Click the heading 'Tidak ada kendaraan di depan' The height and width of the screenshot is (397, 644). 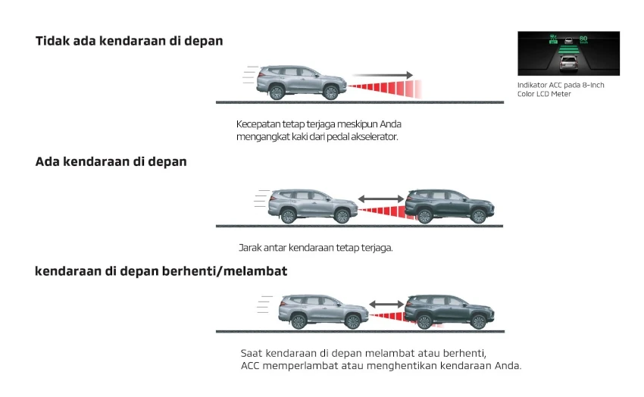(x=129, y=41)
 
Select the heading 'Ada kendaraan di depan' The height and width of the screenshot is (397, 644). (x=111, y=162)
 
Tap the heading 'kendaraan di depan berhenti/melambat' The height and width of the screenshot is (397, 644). (x=161, y=271)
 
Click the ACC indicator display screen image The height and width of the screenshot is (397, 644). (x=568, y=53)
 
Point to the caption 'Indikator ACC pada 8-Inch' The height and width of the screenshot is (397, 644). (x=561, y=85)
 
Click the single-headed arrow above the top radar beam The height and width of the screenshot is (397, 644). (x=383, y=75)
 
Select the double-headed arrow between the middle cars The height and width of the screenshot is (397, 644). (x=381, y=199)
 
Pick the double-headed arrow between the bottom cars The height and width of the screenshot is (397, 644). (x=386, y=305)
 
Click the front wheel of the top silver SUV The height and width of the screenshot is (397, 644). (x=330, y=92)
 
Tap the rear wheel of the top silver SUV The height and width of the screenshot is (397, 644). (x=277, y=92)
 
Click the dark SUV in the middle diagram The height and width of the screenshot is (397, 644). (x=450, y=206)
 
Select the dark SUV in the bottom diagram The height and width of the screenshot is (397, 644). (x=449, y=311)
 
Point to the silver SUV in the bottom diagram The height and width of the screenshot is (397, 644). (x=324, y=311)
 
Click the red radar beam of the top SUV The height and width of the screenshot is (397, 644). (x=385, y=88)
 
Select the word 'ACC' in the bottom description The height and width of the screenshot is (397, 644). (x=250, y=365)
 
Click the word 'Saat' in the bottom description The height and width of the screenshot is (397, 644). (x=252, y=353)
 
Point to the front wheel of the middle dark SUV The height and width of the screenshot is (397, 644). (x=479, y=216)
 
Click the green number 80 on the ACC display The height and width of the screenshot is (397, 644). (x=583, y=39)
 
